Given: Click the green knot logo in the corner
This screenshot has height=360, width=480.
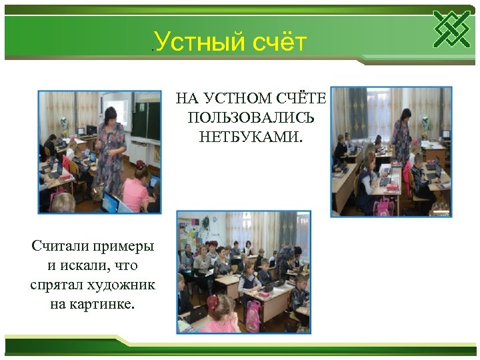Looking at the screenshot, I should pyautogui.click(x=451, y=29).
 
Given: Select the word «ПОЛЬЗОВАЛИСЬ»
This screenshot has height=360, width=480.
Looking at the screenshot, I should pyautogui.click(x=251, y=118).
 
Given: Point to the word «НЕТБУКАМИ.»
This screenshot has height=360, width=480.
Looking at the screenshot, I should pyautogui.click(x=251, y=137).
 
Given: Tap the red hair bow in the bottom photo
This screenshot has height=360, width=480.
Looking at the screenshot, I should pyautogui.click(x=213, y=302).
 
